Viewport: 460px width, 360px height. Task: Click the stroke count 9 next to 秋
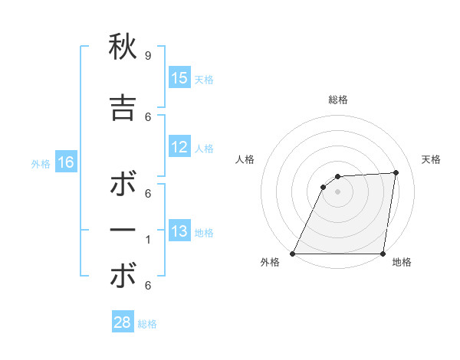point(147,56)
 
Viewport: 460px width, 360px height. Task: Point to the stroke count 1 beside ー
point(147,240)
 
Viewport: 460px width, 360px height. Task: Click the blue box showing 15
point(179,78)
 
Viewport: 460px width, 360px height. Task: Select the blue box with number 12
point(179,147)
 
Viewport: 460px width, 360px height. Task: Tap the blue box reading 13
point(179,231)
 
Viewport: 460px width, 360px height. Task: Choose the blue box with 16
point(65,162)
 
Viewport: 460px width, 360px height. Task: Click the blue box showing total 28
point(123,322)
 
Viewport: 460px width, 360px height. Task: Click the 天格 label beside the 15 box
point(204,80)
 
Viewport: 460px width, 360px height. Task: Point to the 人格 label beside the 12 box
point(204,149)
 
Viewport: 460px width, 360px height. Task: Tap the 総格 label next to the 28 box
point(147,324)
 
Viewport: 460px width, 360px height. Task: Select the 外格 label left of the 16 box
point(41,164)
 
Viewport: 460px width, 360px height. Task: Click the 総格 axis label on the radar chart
point(338,100)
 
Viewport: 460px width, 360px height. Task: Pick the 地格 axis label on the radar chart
point(402,263)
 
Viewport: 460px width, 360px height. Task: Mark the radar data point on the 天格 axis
point(396,172)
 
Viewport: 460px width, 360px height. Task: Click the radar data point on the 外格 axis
point(293,254)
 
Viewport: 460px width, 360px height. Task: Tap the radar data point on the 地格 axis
point(383,254)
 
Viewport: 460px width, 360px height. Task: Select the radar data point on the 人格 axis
point(324,187)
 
